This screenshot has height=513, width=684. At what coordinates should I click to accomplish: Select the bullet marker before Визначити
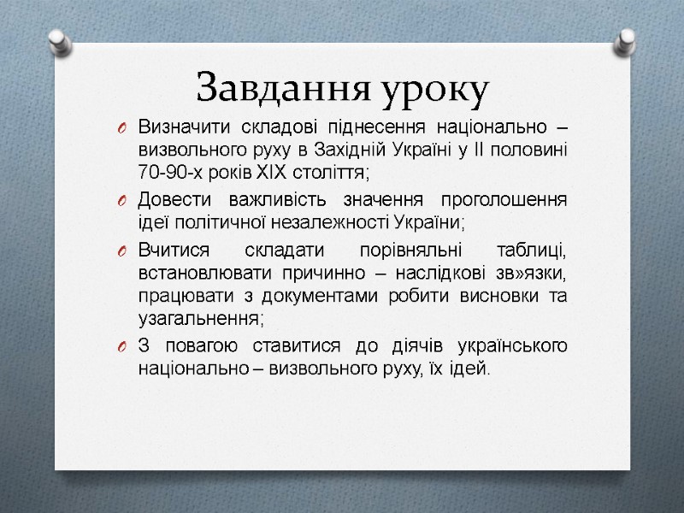[122, 129]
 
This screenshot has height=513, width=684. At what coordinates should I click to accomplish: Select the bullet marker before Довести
[122, 202]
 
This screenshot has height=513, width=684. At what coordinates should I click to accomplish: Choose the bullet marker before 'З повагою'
[122, 347]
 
